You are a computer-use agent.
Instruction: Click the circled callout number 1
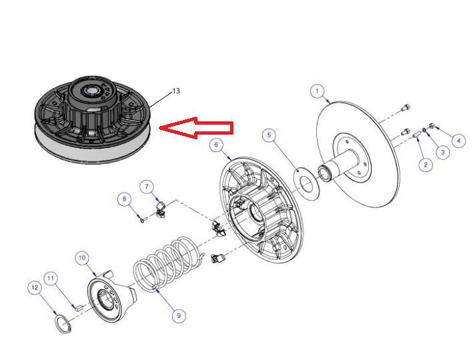(x=317, y=91)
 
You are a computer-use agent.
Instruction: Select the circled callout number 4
(x=458, y=141)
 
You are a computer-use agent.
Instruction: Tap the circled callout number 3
(x=442, y=152)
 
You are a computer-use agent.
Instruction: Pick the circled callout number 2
(x=426, y=165)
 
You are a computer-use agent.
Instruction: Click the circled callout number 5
(x=270, y=135)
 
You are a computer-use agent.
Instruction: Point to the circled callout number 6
(x=216, y=145)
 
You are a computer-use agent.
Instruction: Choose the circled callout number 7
(x=147, y=187)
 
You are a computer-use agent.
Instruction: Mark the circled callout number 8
(x=125, y=199)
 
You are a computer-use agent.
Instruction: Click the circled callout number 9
(x=179, y=316)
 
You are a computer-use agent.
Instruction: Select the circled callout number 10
(x=82, y=258)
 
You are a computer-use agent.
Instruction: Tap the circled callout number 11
(x=51, y=278)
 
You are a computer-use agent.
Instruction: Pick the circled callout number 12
(x=35, y=287)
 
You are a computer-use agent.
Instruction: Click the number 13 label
(x=176, y=91)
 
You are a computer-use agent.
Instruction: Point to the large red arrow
(x=196, y=128)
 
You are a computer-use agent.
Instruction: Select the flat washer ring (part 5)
(x=306, y=184)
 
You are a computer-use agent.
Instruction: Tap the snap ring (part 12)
(x=63, y=325)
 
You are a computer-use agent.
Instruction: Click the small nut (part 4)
(x=432, y=125)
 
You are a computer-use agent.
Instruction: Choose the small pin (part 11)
(x=78, y=308)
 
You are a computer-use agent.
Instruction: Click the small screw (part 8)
(x=143, y=219)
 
